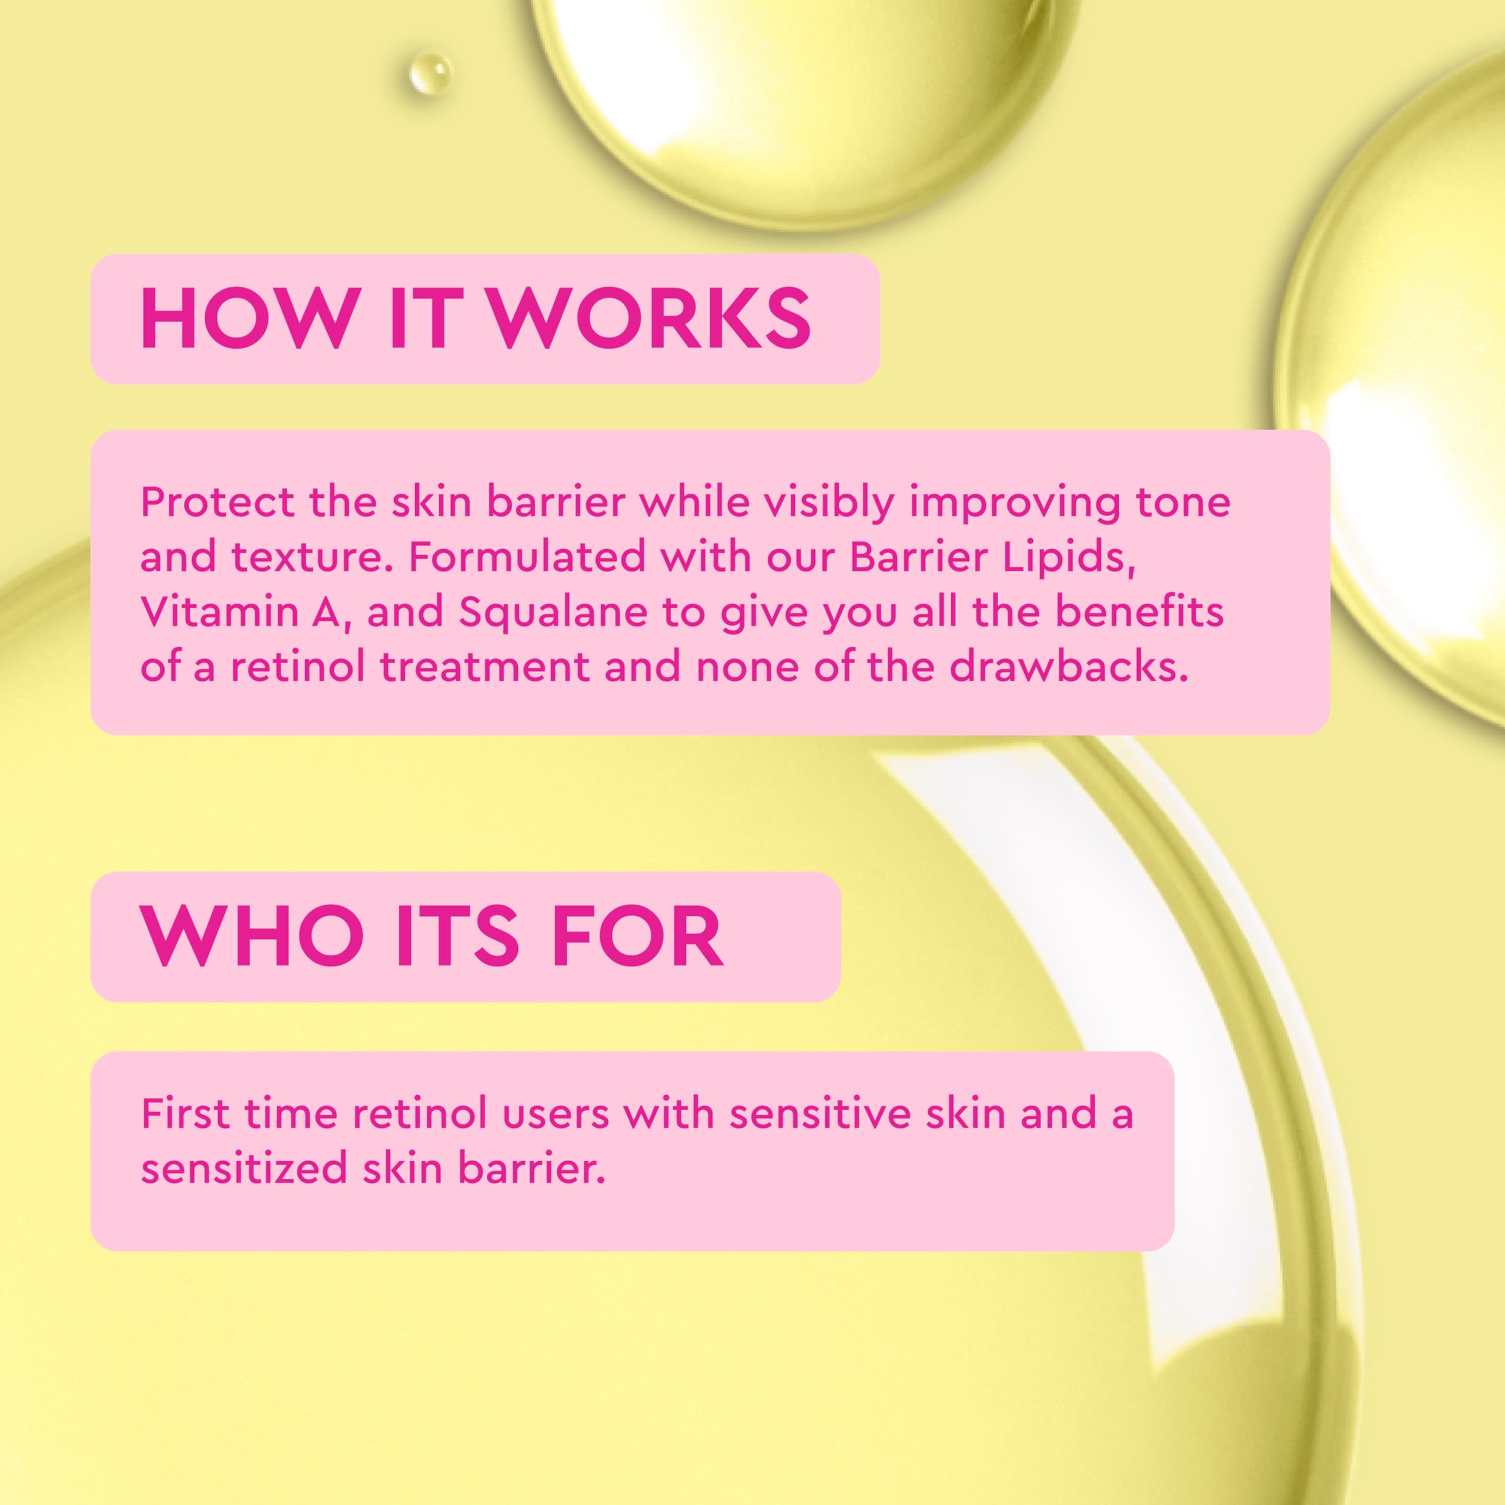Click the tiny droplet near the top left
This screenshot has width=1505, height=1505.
(x=430, y=74)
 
